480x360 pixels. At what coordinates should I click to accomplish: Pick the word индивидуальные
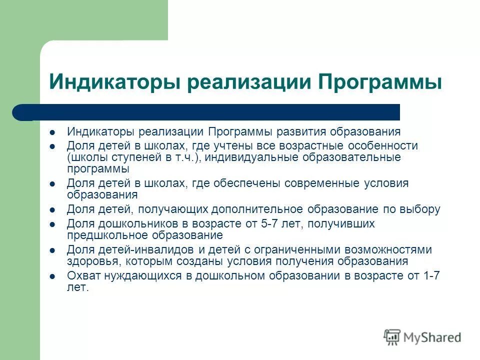[248, 157]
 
